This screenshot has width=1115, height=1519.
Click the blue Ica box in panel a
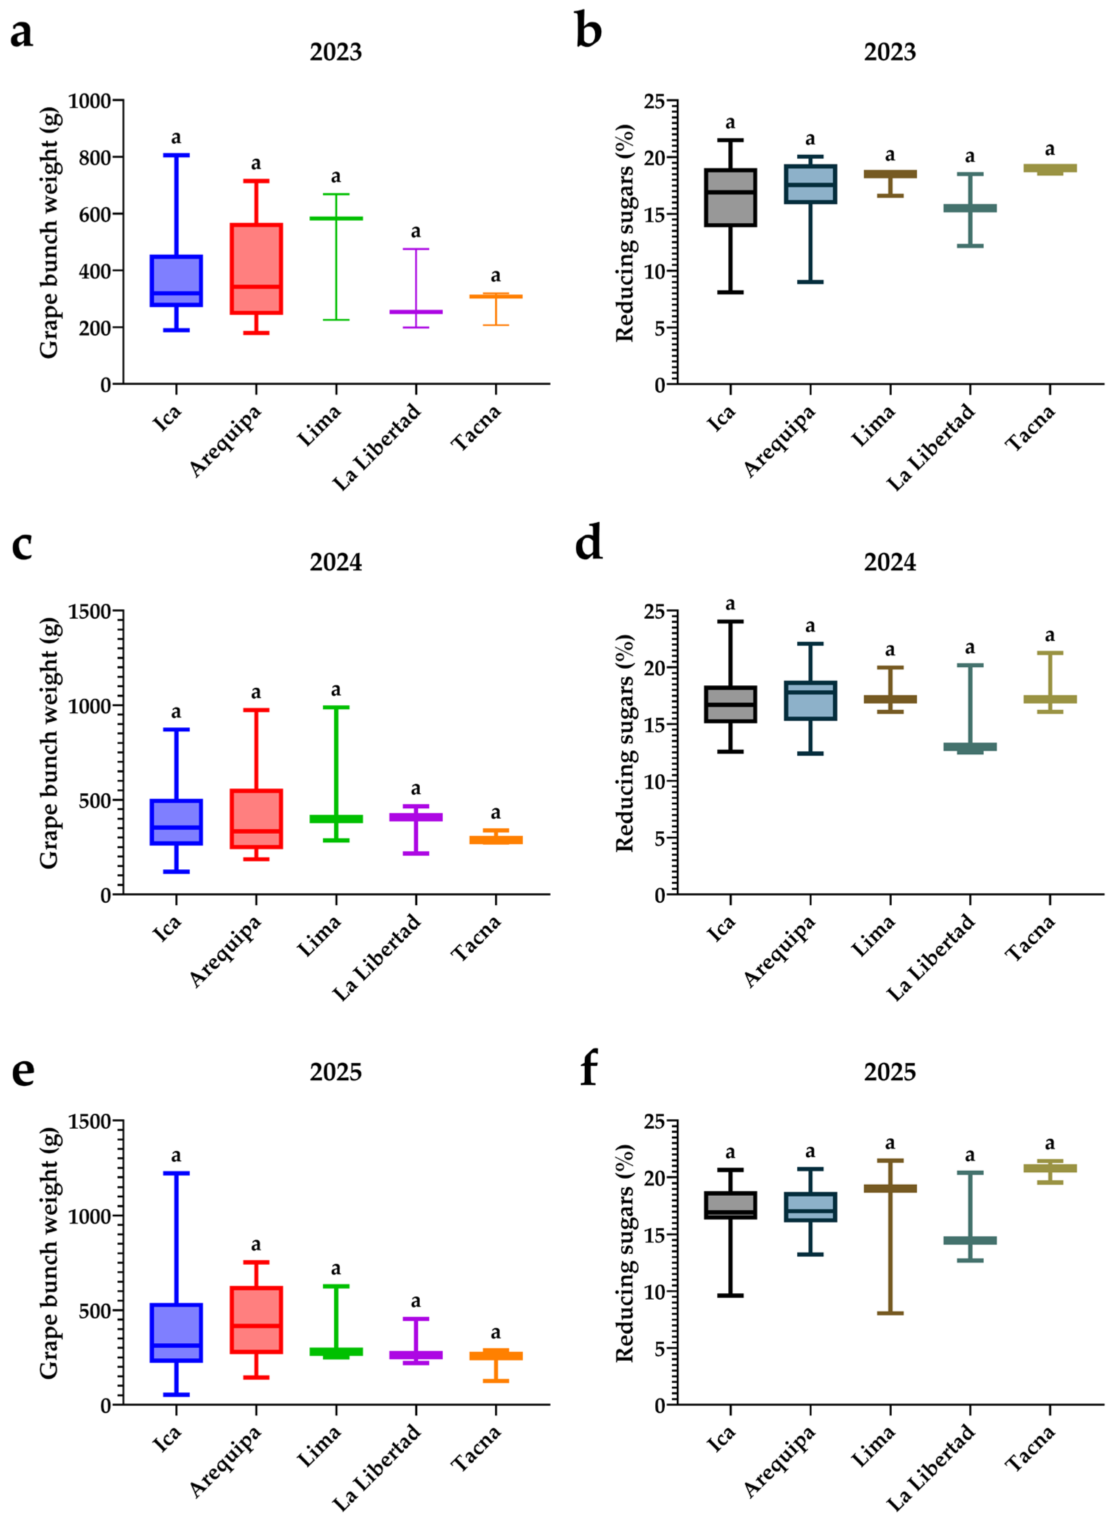(176, 281)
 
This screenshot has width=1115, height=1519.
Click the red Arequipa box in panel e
(256, 1319)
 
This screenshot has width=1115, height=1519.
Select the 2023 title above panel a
(336, 52)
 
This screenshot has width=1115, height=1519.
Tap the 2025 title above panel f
(890, 1072)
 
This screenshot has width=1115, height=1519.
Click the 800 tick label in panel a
(94, 157)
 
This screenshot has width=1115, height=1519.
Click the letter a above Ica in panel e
(176, 1156)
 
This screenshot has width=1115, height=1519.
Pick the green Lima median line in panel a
(336, 219)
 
